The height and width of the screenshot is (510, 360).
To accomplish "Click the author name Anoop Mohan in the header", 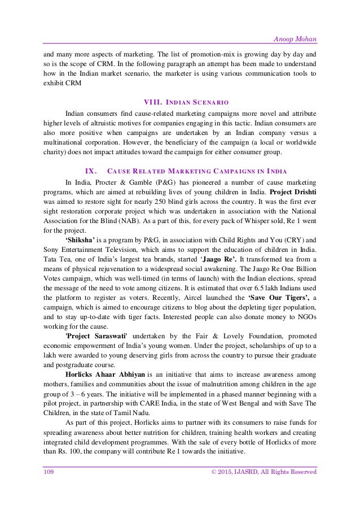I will pos(295,23).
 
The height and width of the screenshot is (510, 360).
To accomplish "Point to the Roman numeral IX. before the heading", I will pos(90,171).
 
